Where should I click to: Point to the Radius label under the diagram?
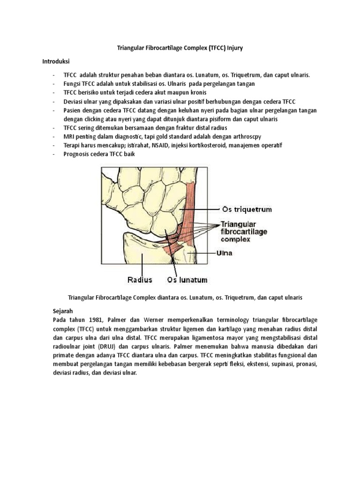pos(140,280)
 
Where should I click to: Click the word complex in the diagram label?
pos(235,239)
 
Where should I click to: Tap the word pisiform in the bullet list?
pos(220,119)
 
